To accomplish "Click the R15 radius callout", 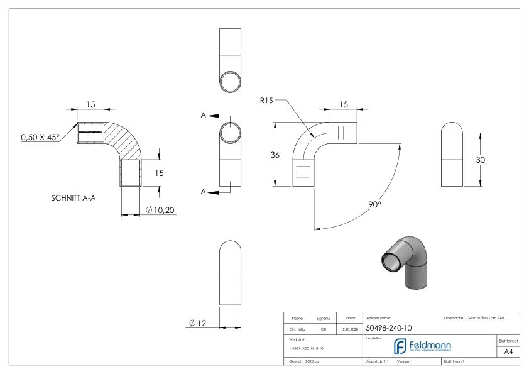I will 266,99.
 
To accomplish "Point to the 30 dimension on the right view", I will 479,160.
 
